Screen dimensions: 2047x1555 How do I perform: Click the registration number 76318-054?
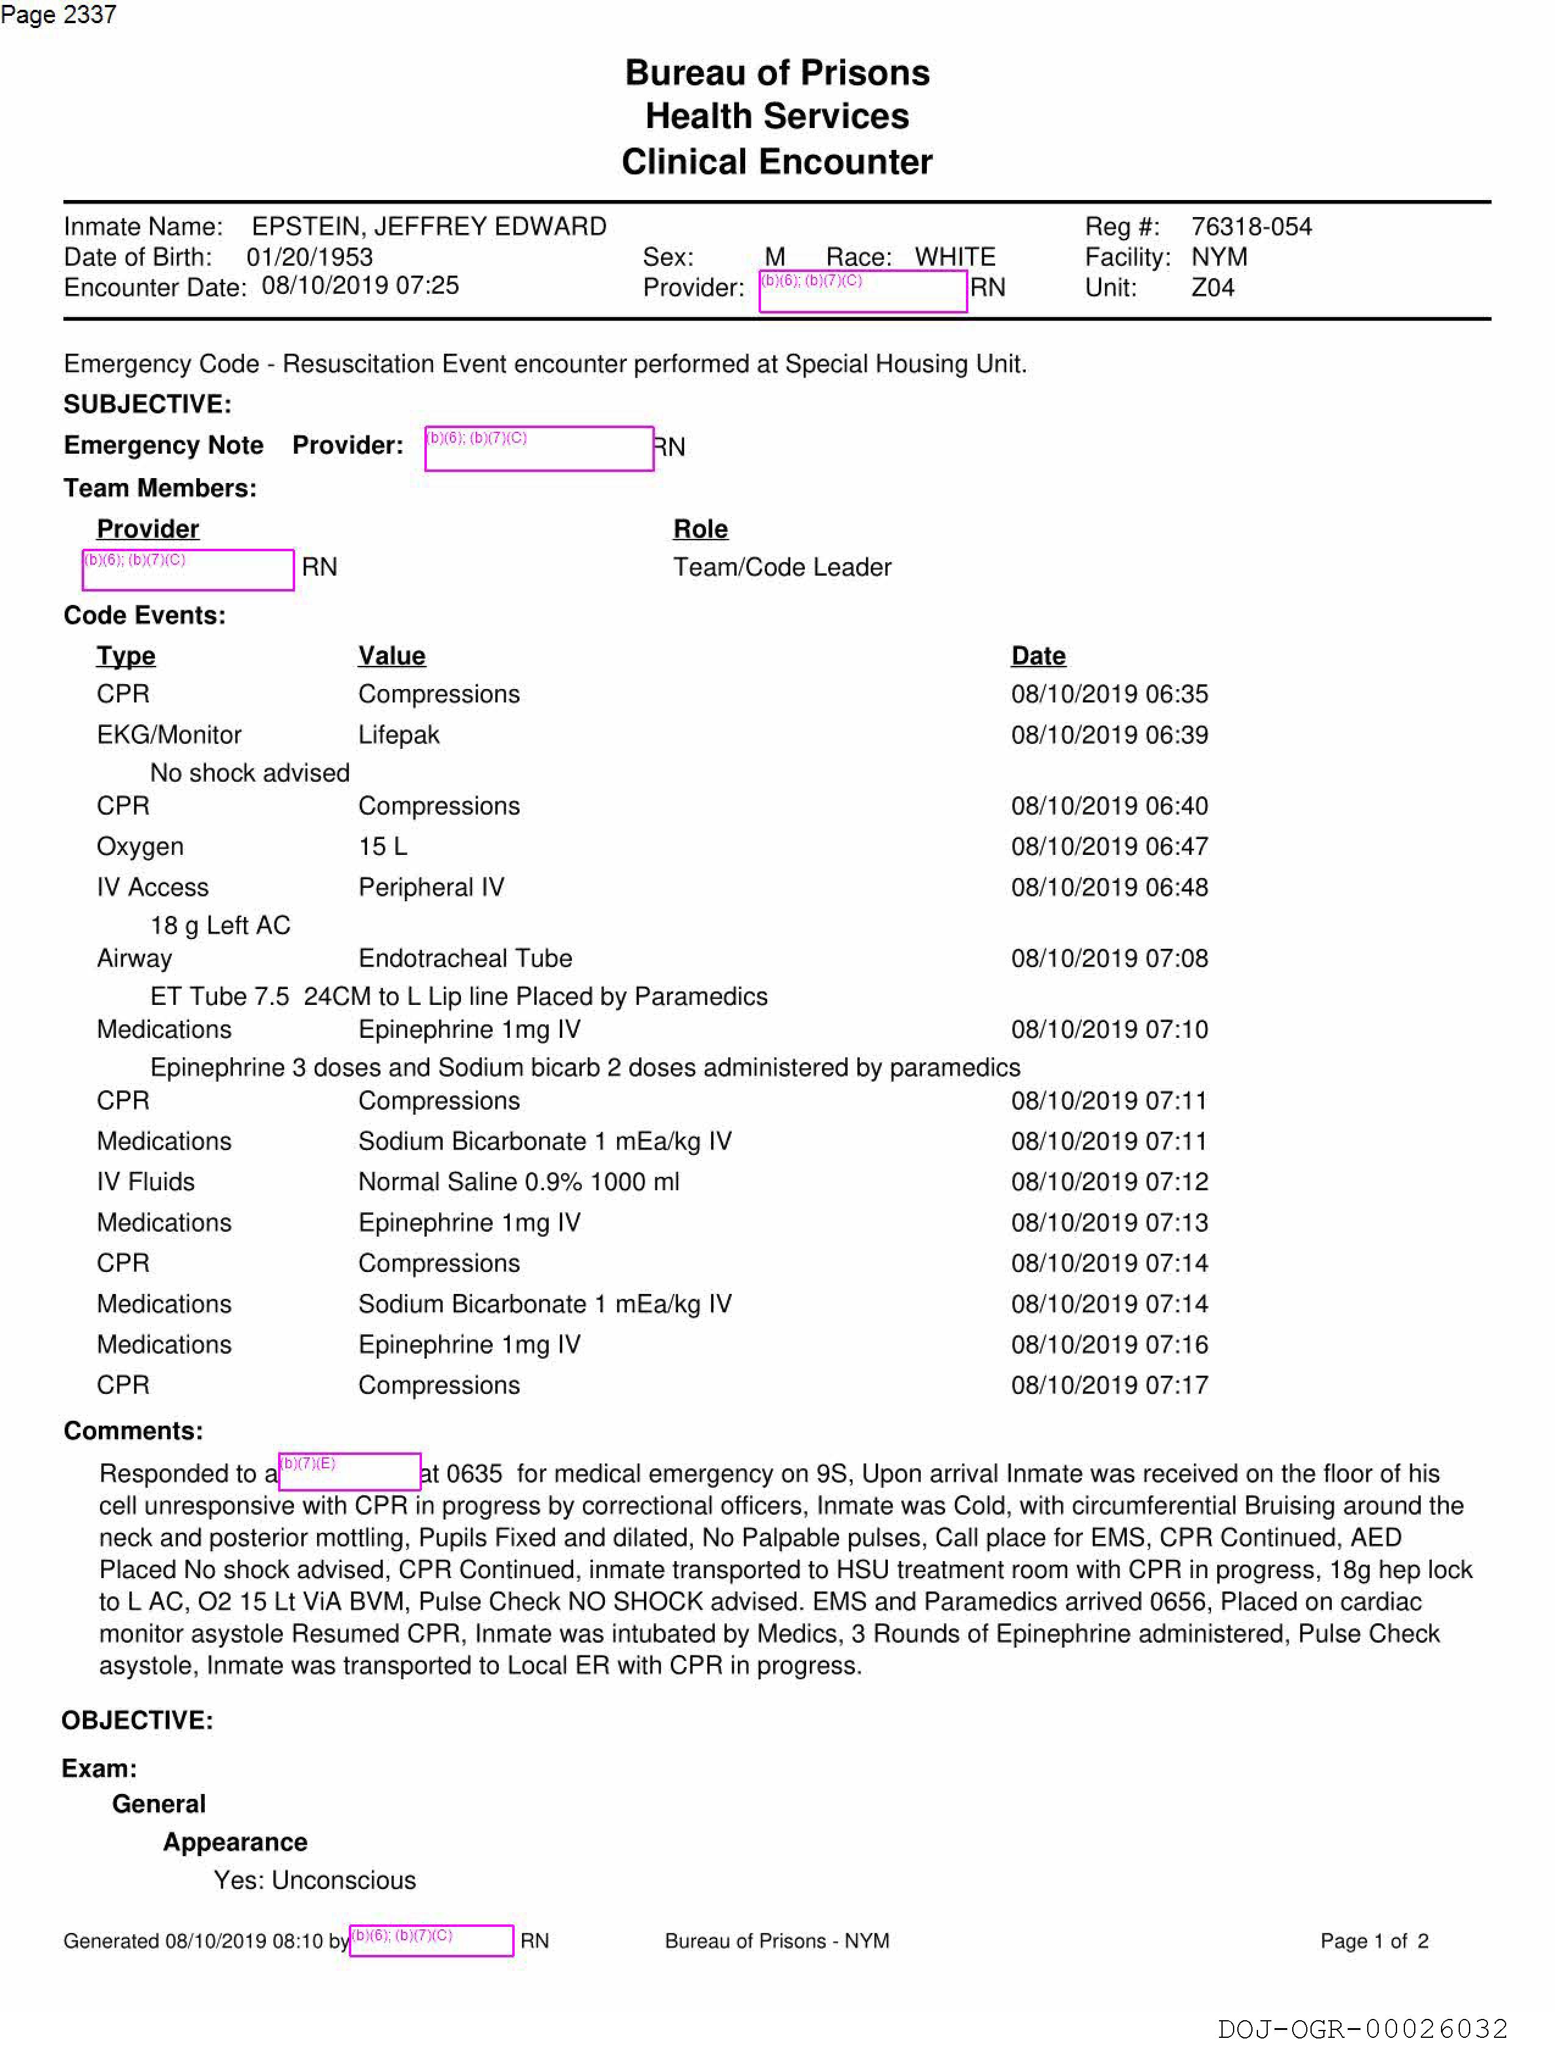(1251, 227)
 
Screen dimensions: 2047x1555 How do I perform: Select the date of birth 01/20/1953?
(309, 257)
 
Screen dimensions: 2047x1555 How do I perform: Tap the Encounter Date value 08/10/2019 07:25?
(360, 286)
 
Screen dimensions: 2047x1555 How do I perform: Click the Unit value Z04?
(1212, 288)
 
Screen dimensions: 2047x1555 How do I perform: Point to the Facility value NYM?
(1219, 257)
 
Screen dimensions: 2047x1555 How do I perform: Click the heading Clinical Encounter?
(776, 162)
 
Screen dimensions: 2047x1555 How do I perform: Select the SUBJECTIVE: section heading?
(147, 404)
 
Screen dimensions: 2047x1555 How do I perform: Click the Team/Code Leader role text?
(782, 567)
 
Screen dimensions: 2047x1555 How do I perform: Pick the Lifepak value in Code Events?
(399, 735)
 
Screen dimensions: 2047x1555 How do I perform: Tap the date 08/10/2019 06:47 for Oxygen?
(1109, 847)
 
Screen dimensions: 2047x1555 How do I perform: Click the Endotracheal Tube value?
(465, 959)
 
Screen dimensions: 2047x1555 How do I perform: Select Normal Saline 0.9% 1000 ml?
(518, 1182)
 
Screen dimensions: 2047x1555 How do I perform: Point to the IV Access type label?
(152, 887)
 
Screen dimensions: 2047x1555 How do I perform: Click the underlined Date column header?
(1038, 656)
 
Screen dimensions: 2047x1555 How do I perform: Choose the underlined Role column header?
(700, 529)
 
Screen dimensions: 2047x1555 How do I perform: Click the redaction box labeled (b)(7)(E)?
(350, 1471)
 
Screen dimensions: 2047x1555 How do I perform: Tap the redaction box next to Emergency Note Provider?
(538, 449)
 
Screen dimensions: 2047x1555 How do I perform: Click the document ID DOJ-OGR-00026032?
(1362, 2029)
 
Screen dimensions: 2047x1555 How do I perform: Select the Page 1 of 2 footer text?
(1373, 1940)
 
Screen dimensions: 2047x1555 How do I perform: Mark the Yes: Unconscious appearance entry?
(315, 1881)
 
